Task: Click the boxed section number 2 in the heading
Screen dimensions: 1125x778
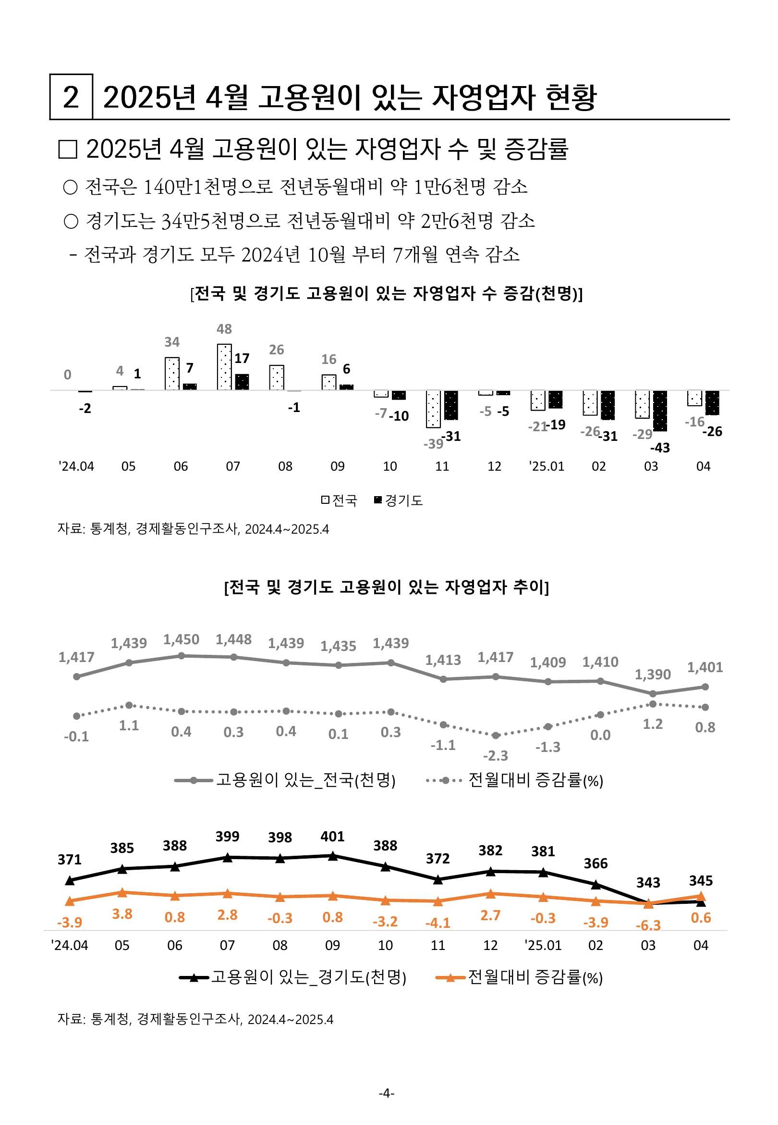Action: point(71,97)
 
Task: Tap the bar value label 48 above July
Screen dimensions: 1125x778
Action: point(224,329)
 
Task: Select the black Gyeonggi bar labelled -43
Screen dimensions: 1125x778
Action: point(660,411)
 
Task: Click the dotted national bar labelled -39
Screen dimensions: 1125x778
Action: point(433,409)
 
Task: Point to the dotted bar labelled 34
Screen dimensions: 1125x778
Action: point(172,374)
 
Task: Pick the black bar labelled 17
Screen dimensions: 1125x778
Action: point(242,382)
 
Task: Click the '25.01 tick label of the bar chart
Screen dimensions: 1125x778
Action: point(547,466)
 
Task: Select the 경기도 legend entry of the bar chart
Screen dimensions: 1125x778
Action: point(398,500)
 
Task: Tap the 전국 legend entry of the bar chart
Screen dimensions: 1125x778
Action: point(339,500)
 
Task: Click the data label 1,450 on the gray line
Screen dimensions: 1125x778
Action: point(182,639)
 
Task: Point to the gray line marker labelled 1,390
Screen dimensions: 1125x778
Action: point(653,694)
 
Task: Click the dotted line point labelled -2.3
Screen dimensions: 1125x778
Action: point(496,735)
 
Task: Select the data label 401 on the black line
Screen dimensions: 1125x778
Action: point(332,837)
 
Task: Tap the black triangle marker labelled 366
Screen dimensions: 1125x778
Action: point(596,884)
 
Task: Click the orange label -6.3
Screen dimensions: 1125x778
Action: point(648,925)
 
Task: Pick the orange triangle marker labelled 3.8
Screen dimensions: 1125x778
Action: point(122,892)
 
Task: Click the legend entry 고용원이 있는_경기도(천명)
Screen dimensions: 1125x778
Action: point(292,977)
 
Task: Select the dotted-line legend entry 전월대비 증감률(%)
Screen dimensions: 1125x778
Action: point(514,780)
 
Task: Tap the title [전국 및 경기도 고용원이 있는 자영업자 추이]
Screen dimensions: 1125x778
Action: point(387,587)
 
